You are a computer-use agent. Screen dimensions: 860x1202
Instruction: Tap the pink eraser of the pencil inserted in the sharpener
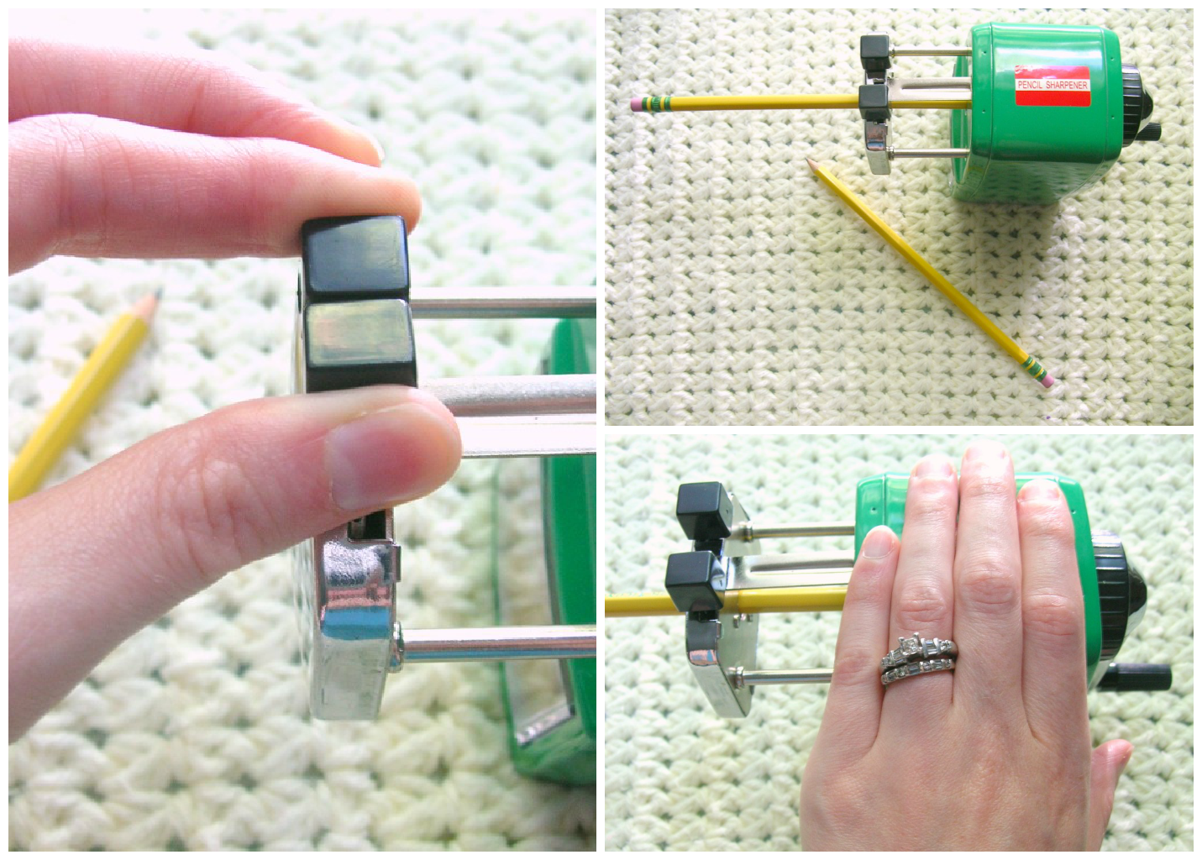click(636, 105)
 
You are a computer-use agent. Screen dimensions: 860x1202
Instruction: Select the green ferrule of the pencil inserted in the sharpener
click(658, 104)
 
